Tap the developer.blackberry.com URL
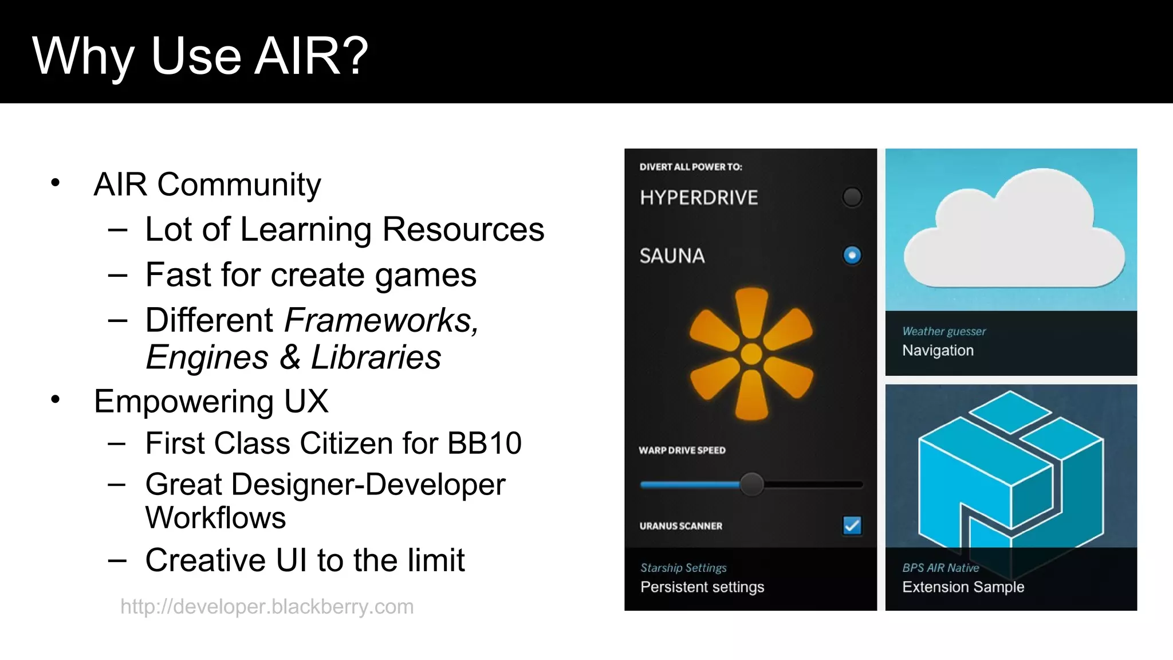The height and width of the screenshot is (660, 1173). (x=267, y=606)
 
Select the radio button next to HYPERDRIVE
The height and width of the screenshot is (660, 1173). (x=852, y=197)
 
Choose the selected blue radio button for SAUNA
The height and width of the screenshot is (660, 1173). (x=852, y=255)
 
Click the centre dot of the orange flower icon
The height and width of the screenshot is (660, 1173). (x=751, y=354)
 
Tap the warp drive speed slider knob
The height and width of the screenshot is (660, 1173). (x=751, y=485)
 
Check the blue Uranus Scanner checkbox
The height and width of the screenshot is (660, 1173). (x=852, y=525)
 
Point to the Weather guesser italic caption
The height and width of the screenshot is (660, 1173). (x=944, y=331)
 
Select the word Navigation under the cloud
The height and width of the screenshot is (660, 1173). (x=938, y=350)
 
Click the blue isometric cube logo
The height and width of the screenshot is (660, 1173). (x=1010, y=470)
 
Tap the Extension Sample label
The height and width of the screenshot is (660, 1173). (x=963, y=587)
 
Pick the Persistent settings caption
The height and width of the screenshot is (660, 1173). (x=702, y=587)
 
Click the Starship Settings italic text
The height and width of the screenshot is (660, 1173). (x=683, y=568)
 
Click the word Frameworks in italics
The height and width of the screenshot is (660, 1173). (x=380, y=320)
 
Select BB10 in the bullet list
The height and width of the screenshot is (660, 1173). (x=484, y=443)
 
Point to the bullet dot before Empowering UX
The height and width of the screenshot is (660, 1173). (x=56, y=399)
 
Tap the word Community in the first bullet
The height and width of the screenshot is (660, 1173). (x=239, y=184)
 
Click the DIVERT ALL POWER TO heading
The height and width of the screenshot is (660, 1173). (x=691, y=167)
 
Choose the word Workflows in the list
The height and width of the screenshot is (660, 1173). (x=215, y=518)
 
